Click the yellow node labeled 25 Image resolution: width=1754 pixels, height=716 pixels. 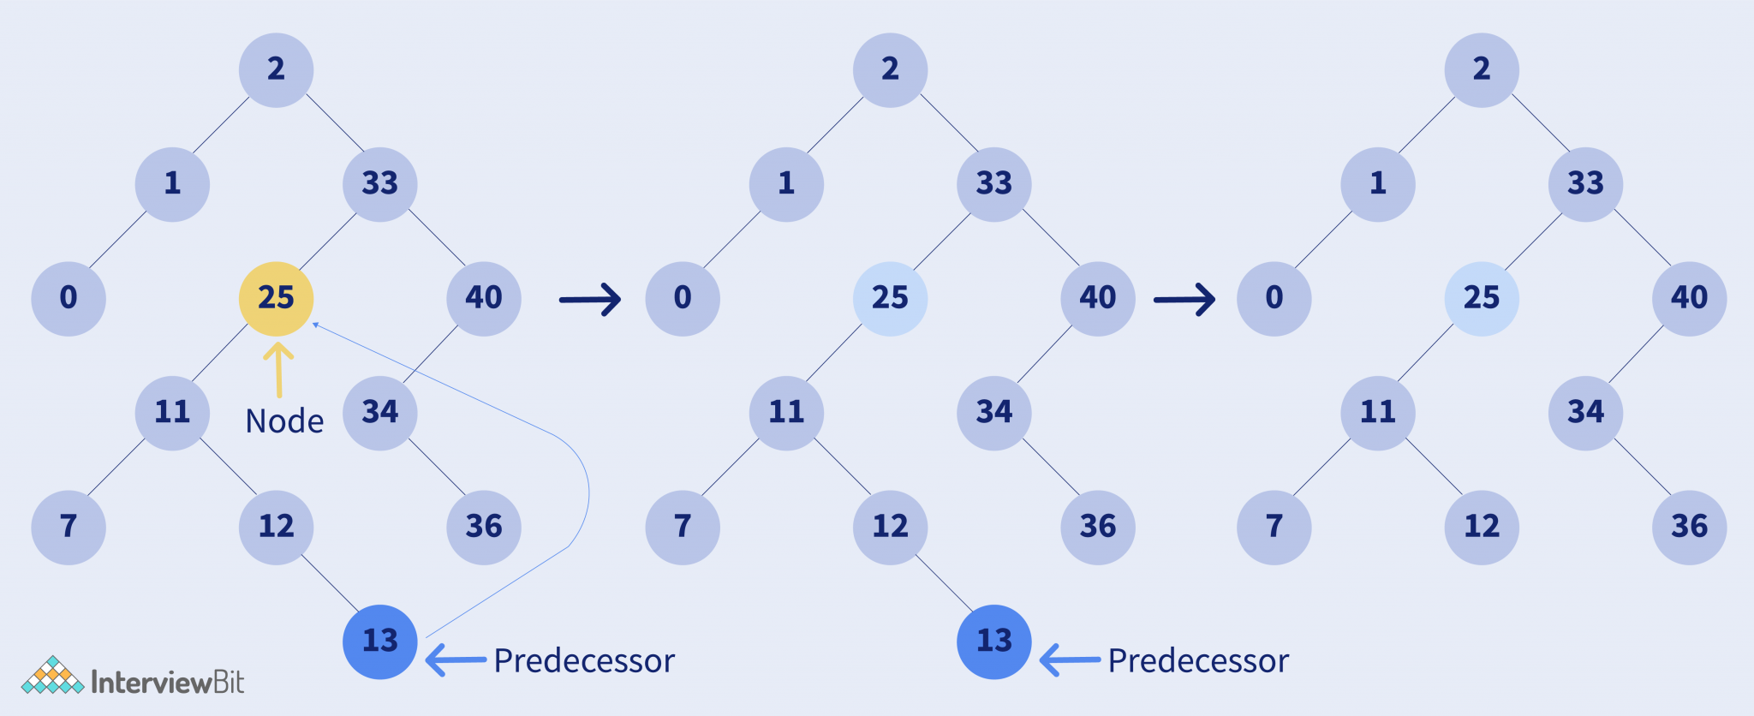pyautogui.click(x=276, y=298)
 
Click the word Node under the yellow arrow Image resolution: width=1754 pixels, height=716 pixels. pyautogui.click(x=284, y=421)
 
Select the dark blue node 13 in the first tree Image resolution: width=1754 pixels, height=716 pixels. pyautogui.click(x=380, y=641)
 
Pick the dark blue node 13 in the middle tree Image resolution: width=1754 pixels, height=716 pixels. pyautogui.click(x=994, y=641)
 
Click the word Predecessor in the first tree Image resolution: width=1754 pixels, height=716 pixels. pyautogui.click(x=584, y=661)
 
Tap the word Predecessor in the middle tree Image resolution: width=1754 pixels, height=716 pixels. pyautogui.click(x=1198, y=661)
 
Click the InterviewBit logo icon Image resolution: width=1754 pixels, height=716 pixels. pyautogui.click(x=52, y=676)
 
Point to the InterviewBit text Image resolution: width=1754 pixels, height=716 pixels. pyautogui.click(x=167, y=682)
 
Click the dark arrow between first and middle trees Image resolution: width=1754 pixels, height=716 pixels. pyautogui.click(x=589, y=300)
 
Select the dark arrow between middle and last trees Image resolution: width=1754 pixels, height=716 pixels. pyautogui.click(x=1184, y=300)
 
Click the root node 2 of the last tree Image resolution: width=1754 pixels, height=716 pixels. pyautogui.click(x=1482, y=69)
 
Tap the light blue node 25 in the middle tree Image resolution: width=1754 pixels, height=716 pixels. pyautogui.click(x=890, y=298)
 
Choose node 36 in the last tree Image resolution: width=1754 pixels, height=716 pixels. pyautogui.click(x=1689, y=527)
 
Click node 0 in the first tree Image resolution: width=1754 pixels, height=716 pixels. pyautogui.click(x=69, y=298)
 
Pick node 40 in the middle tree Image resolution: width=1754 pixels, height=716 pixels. pyautogui.click(x=1098, y=298)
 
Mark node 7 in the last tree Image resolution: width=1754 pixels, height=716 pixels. pyautogui.click(x=1274, y=527)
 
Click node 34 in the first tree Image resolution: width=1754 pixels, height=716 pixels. pyautogui.click(x=380, y=413)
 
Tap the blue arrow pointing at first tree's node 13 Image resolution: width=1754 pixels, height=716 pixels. pyautogui.click(x=456, y=660)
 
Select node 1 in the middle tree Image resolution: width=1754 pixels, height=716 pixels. pyautogui.click(x=786, y=184)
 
